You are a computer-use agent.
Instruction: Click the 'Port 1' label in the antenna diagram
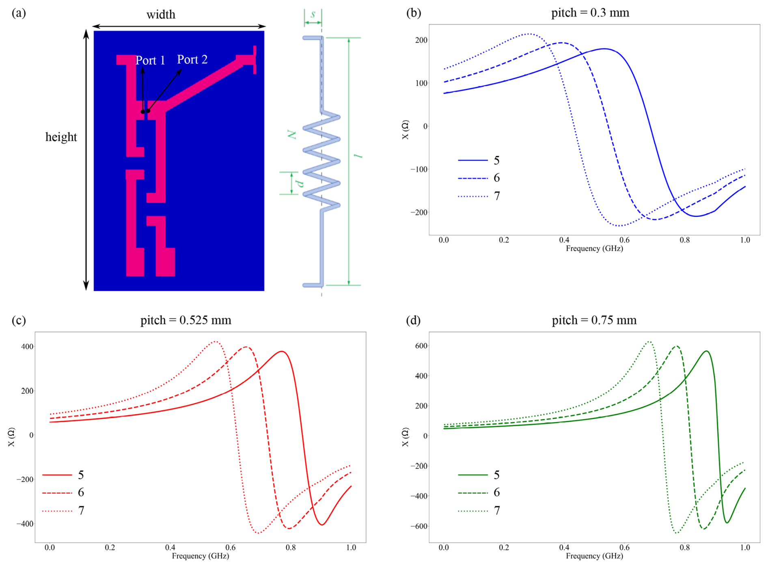150,60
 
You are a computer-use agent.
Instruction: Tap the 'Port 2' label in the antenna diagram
192,60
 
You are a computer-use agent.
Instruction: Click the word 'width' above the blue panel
161,15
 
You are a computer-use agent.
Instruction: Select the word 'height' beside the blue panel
61,137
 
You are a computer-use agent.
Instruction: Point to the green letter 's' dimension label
313,14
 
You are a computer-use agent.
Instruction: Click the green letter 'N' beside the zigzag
292,134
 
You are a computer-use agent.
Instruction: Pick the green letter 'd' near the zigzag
300,184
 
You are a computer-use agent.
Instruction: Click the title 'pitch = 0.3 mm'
590,13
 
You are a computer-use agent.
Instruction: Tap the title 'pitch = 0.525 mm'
186,320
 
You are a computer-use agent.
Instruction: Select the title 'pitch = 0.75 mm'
594,320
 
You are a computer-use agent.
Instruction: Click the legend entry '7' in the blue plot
496,196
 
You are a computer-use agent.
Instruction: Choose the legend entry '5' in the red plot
81,475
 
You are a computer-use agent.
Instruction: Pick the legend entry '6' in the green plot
496,492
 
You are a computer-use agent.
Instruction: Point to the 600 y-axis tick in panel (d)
421,346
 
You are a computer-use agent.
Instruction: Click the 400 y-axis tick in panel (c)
28,347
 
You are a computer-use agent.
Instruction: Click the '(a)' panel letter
19,13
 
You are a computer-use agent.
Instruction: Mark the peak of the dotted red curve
216,341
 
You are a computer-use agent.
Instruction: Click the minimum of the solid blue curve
696,216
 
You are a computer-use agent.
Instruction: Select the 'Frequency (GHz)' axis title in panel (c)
200,555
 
